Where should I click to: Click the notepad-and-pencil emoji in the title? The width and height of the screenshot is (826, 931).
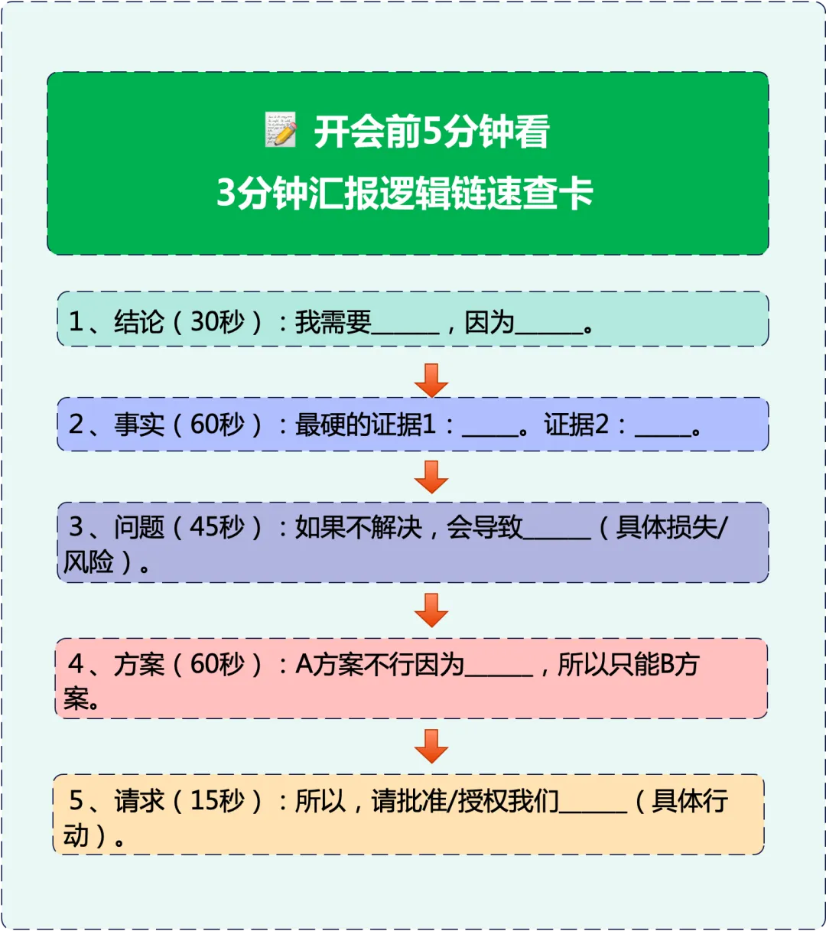pyautogui.click(x=281, y=131)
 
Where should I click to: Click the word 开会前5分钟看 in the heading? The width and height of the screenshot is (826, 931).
pyautogui.click(x=431, y=132)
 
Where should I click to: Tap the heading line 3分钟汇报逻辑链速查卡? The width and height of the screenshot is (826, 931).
pyautogui.click(x=405, y=192)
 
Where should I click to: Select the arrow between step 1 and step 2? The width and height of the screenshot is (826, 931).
pyautogui.click(x=431, y=379)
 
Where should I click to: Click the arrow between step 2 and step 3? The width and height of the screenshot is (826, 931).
pyautogui.click(x=431, y=476)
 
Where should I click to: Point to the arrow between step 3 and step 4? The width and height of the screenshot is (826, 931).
pyautogui.click(x=431, y=610)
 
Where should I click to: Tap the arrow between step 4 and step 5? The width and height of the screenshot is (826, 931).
pyautogui.click(x=431, y=746)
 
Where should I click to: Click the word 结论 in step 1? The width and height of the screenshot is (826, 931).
pyautogui.click(x=139, y=321)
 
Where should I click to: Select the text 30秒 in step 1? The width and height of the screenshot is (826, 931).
pyautogui.click(x=217, y=321)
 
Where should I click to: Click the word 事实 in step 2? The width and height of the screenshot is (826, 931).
pyautogui.click(x=139, y=424)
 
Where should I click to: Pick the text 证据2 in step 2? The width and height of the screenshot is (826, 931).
pyautogui.click(x=577, y=424)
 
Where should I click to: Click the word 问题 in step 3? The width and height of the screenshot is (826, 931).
pyautogui.click(x=139, y=526)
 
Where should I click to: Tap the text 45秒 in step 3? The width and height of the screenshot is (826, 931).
pyautogui.click(x=217, y=526)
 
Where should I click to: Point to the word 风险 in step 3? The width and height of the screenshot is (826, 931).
pyautogui.click(x=89, y=562)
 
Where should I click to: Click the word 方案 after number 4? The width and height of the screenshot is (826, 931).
pyautogui.click(x=139, y=663)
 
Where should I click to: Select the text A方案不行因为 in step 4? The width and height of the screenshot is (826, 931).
pyautogui.click(x=380, y=663)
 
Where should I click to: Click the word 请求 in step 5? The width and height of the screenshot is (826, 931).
pyautogui.click(x=139, y=800)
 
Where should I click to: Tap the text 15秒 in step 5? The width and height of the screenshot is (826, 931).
pyautogui.click(x=217, y=800)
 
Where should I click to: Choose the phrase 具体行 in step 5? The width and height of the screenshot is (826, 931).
pyautogui.click(x=690, y=800)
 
